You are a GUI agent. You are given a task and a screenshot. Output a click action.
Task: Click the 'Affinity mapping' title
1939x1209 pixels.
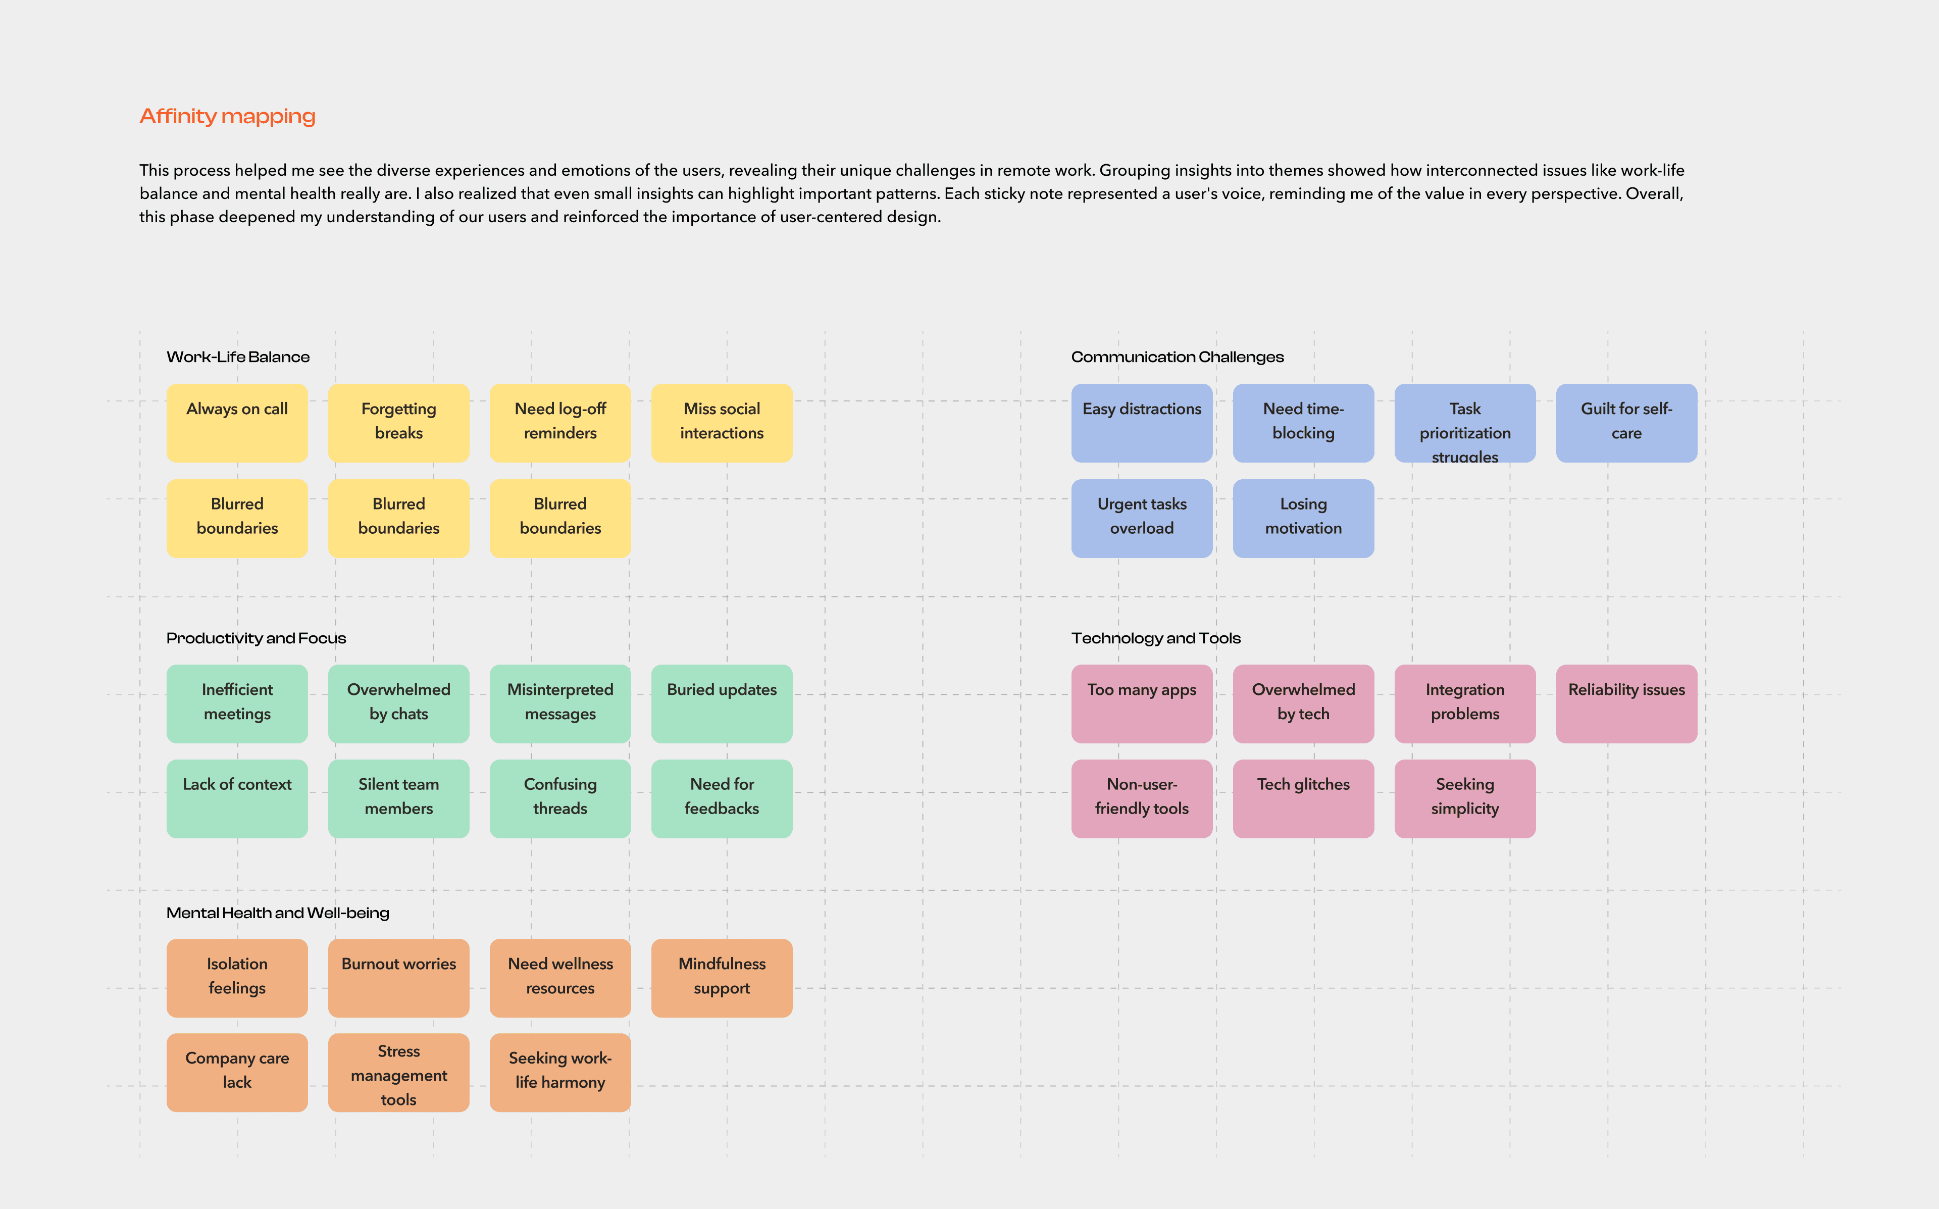pyautogui.click(x=227, y=117)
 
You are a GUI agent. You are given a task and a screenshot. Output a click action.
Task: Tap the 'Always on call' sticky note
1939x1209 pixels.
pyautogui.click(x=237, y=422)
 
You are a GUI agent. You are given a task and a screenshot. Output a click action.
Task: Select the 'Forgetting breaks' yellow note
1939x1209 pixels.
pyautogui.click(x=398, y=422)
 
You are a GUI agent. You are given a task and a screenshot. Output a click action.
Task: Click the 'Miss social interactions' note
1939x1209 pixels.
pyautogui.click(x=721, y=422)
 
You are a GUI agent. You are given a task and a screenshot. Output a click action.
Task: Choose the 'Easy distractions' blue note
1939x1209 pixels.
pyautogui.click(x=1141, y=422)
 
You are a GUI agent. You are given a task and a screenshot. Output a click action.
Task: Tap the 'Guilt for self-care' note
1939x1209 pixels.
pyautogui.click(x=1626, y=422)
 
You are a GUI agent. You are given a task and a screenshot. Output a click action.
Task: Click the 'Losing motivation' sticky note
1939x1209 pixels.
pyautogui.click(x=1303, y=517)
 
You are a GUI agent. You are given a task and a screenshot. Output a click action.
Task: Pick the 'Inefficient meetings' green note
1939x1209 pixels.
pyautogui.click(x=237, y=703)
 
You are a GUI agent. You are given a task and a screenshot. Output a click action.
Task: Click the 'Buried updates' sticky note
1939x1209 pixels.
pyautogui.click(x=721, y=703)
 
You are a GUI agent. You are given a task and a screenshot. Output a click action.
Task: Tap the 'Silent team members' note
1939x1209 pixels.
pyautogui.click(x=398, y=798)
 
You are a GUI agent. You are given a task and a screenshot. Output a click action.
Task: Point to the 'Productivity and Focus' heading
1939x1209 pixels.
pyautogui.click(x=256, y=638)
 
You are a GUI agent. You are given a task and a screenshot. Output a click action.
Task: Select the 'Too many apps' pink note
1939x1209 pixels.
pyautogui.click(x=1141, y=703)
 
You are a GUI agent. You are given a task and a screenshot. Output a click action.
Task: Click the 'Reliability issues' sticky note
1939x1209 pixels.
pyautogui.click(x=1626, y=703)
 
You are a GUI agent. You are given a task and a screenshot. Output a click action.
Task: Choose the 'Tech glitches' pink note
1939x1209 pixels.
pyautogui.click(x=1303, y=798)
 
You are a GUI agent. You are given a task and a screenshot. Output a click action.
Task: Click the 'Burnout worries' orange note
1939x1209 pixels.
pyautogui.click(x=398, y=977)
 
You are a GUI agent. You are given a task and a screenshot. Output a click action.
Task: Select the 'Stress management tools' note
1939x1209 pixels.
pyautogui.click(x=398, y=1072)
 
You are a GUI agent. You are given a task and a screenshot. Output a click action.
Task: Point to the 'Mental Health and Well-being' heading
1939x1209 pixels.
pyautogui.click(x=277, y=913)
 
